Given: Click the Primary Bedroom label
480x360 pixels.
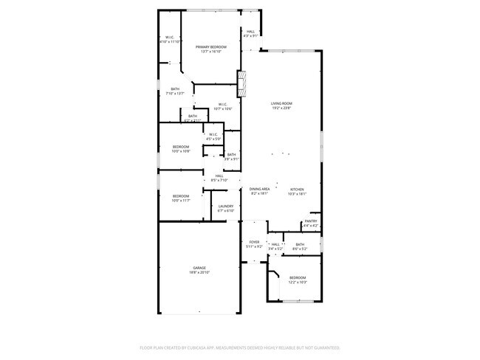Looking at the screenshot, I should click(x=210, y=46).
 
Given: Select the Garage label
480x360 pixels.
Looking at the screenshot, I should click(x=199, y=268).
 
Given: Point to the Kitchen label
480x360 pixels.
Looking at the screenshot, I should click(x=297, y=189).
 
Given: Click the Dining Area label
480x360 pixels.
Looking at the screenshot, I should click(x=258, y=189).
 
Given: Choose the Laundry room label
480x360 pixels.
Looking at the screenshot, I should click(x=226, y=206).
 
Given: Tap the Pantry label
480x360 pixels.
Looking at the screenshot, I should click(x=311, y=221).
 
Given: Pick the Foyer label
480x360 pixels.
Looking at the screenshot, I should click(x=254, y=242).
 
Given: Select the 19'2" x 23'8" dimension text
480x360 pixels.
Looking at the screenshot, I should click(x=281, y=108).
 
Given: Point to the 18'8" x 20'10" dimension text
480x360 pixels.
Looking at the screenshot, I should click(x=199, y=273).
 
